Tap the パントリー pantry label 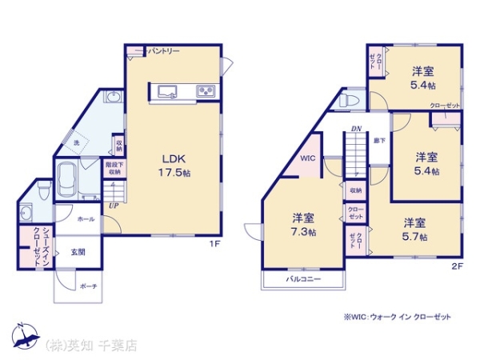click(163, 52)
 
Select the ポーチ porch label click(89, 286)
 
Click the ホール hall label click(86, 218)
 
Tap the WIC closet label click(309, 158)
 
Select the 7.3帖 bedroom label click(302, 225)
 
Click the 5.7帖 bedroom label click(414, 230)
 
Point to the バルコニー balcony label click(304, 279)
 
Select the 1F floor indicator click(214, 242)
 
